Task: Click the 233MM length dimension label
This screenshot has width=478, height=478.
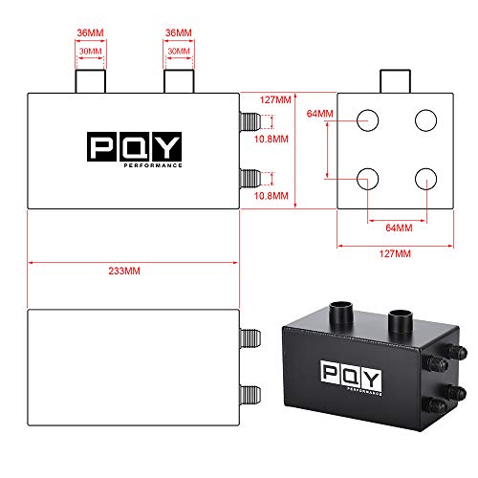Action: [133, 271]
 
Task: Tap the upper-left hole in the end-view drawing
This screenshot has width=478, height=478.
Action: [368, 120]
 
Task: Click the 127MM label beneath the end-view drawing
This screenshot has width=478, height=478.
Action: [396, 253]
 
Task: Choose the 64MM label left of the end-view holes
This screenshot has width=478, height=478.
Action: [320, 114]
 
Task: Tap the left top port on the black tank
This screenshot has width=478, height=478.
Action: [340, 313]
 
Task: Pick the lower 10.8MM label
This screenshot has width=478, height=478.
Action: [273, 196]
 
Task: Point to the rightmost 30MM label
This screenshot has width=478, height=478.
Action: [177, 52]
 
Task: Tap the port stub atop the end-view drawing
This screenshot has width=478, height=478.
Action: [396, 81]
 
